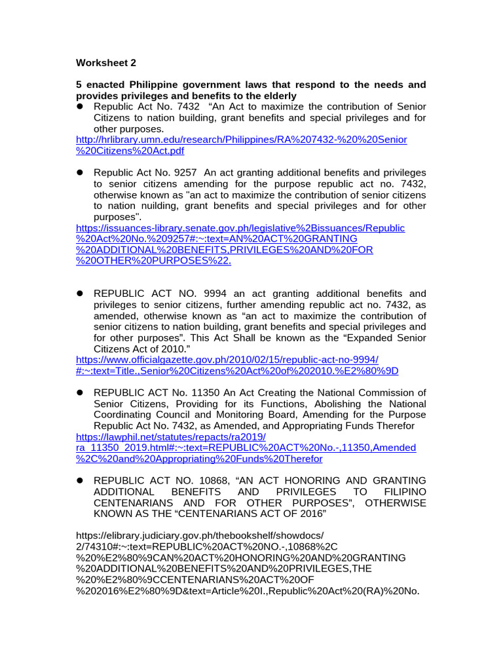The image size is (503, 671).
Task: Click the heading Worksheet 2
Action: coord(106,63)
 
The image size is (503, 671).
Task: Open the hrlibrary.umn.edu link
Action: coord(241,140)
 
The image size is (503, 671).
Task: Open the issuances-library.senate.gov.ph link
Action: coord(240,228)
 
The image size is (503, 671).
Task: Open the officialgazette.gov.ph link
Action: coord(227,360)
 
